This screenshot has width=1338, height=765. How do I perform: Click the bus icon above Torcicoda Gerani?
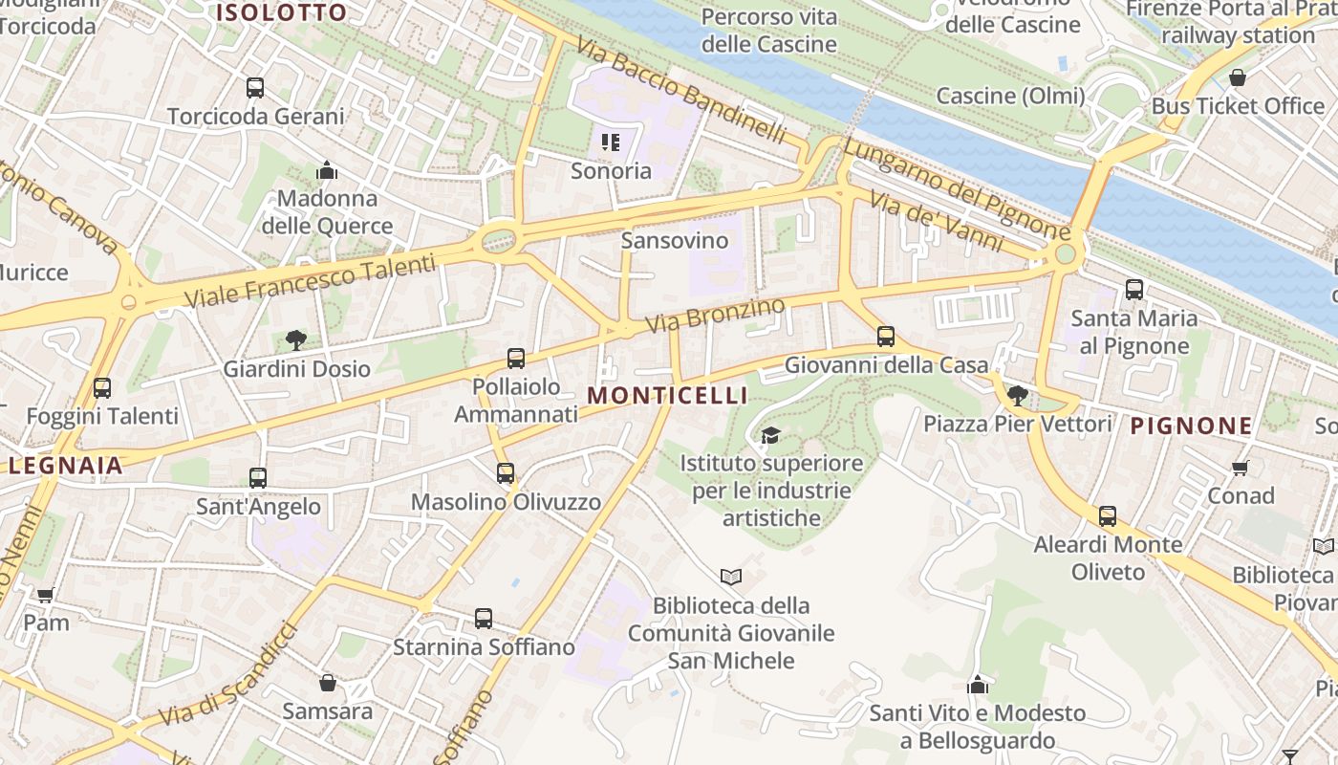click(x=255, y=88)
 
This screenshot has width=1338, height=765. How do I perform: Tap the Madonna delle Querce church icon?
click(x=327, y=171)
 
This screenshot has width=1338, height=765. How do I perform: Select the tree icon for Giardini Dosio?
click(x=296, y=339)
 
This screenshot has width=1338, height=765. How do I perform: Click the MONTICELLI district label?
click(x=667, y=395)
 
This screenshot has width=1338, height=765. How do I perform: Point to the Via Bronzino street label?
click(x=715, y=316)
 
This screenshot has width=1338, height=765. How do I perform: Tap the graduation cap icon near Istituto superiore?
click(x=770, y=436)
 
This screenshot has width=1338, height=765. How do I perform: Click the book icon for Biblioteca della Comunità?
click(x=731, y=577)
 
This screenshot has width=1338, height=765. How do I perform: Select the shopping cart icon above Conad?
click(x=1241, y=468)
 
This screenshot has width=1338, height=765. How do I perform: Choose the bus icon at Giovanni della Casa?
click(x=886, y=337)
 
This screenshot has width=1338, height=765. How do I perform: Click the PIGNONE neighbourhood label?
click(x=1191, y=426)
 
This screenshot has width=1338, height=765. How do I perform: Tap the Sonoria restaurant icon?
click(x=611, y=143)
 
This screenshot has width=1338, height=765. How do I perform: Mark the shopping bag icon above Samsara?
click(x=328, y=683)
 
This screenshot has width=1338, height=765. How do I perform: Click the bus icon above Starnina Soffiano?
click(x=484, y=619)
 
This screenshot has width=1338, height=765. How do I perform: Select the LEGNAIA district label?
click(x=66, y=466)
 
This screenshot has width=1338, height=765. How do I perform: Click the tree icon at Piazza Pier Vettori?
click(x=1018, y=395)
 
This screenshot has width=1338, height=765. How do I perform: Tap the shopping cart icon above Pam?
click(x=45, y=595)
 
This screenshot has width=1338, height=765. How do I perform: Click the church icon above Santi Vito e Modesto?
click(x=977, y=685)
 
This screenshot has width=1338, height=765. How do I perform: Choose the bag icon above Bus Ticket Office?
click(x=1238, y=77)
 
